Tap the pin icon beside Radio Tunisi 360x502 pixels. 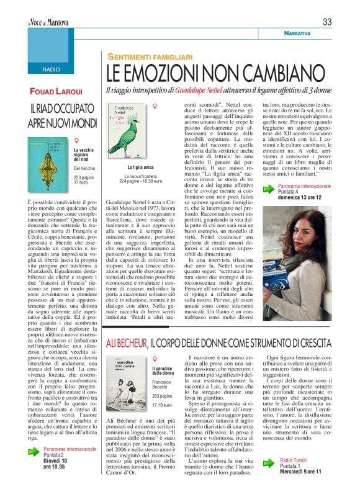[266, 470]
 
